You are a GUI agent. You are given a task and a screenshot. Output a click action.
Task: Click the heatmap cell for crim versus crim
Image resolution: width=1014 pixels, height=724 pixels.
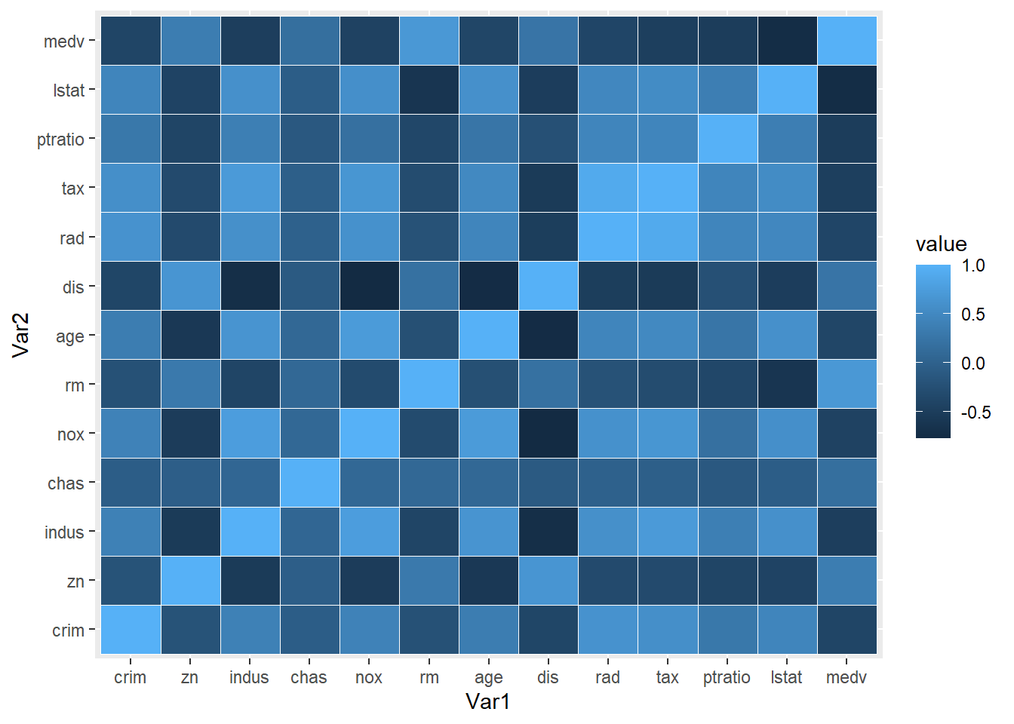coord(131,630)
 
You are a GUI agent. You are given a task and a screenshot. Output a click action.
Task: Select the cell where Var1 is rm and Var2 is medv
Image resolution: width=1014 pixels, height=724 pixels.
coord(429,41)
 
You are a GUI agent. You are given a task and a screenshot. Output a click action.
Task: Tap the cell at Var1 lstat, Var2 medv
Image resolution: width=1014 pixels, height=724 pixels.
coord(787,41)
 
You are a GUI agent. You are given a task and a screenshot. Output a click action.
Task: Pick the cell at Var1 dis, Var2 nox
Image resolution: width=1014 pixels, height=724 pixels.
coord(548,434)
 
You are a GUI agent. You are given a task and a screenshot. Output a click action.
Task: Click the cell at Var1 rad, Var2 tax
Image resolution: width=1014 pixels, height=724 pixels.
coord(608,188)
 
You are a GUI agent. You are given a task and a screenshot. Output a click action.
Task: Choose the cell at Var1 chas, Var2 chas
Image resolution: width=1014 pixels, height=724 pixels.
coord(309,483)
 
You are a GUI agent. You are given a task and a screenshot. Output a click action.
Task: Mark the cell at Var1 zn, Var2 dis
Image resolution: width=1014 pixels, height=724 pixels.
coord(190,287)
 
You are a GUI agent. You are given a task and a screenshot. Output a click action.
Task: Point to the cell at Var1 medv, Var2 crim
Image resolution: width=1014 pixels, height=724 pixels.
coord(847,630)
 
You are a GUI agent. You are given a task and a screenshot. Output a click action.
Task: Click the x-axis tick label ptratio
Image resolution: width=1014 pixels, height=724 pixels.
coord(727,677)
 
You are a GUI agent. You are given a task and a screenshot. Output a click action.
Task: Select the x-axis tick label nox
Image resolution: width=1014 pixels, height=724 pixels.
coord(369,677)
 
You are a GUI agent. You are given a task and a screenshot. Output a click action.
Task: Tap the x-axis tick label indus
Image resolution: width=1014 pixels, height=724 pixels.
coord(249,677)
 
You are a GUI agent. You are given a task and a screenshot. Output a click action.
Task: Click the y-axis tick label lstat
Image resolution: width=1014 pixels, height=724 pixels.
coord(69,90)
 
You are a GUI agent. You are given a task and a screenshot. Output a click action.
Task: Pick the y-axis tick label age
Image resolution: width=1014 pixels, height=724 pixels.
coord(70,336)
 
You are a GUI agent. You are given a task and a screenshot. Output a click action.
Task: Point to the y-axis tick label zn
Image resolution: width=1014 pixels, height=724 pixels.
coord(75,581)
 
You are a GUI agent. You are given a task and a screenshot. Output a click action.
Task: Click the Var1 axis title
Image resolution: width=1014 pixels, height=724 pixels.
coord(488,702)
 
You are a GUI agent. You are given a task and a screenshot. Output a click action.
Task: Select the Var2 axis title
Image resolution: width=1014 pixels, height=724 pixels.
coord(21,335)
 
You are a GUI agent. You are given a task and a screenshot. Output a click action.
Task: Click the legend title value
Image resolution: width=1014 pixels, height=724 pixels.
coord(941,244)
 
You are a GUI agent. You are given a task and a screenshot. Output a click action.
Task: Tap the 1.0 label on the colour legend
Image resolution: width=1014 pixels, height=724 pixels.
coord(973,265)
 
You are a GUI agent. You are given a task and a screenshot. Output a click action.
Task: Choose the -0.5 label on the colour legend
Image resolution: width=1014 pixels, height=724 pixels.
coord(976,413)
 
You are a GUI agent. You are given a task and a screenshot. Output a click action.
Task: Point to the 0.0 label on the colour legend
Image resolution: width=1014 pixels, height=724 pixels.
coord(973,364)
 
